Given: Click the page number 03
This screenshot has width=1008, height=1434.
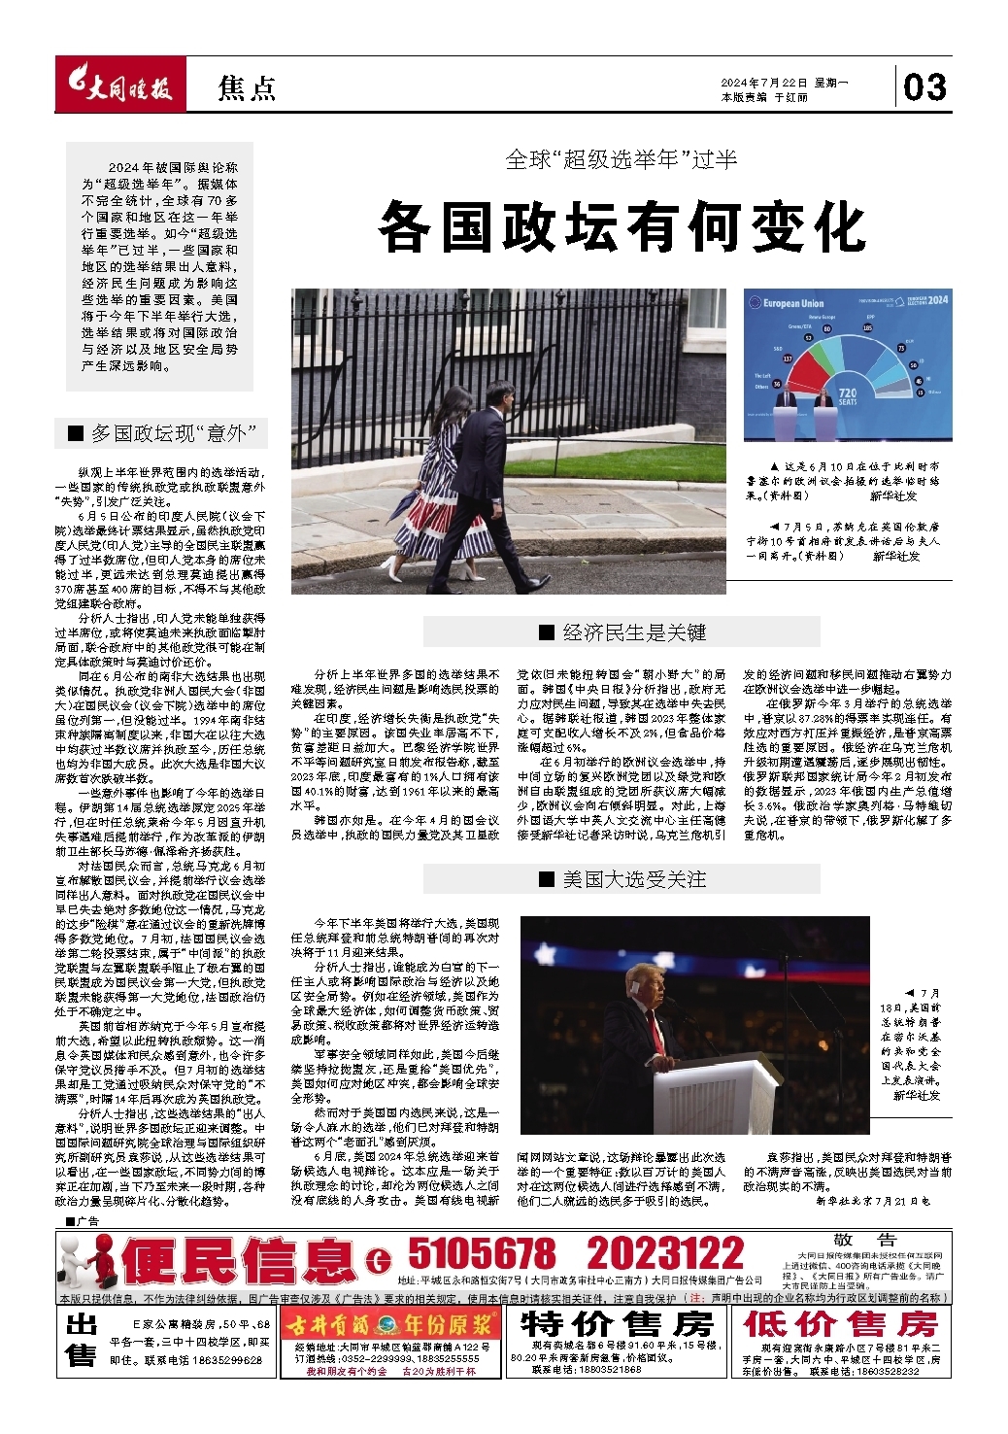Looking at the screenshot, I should [x=924, y=86].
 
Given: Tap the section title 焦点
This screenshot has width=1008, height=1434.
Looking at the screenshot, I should [x=247, y=88].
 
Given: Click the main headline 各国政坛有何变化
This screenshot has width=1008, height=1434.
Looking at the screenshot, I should [x=622, y=226].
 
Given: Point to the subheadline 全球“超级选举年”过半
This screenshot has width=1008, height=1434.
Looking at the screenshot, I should [x=622, y=159].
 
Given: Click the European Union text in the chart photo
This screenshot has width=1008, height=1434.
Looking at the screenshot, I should [x=792, y=303].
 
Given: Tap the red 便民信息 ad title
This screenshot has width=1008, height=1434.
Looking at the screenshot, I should [x=238, y=1260].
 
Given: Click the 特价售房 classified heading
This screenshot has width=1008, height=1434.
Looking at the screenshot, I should [x=618, y=1323].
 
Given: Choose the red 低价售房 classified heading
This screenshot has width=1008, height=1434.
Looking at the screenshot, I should [x=841, y=1323].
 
